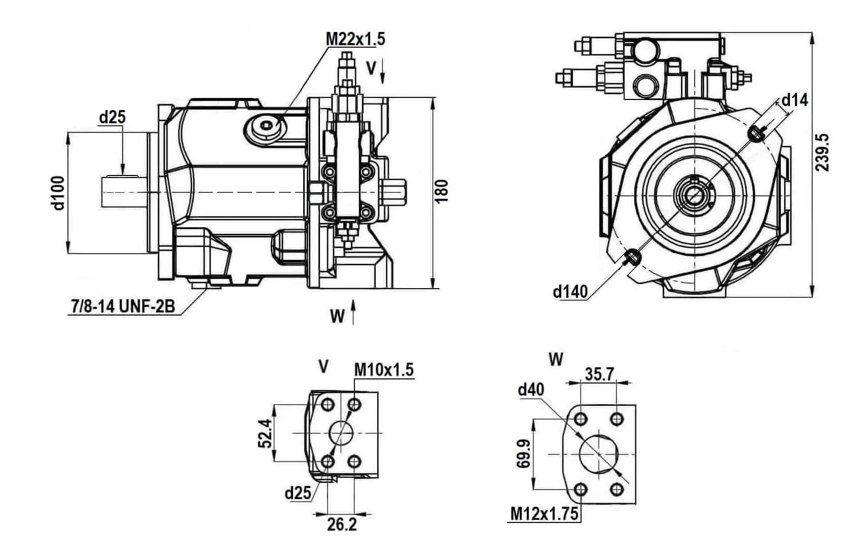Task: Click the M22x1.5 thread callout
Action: (355, 39)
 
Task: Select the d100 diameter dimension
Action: (59, 193)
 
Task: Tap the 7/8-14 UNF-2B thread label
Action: (122, 306)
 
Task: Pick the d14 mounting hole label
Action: (794, 100)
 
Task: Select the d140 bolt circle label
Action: (570, 291)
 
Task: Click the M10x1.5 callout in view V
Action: (384, 370)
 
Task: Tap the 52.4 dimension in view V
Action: (265, 433)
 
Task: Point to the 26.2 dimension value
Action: (342, 525)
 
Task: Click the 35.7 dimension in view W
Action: (599, 374)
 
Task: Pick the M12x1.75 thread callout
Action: (544, 514)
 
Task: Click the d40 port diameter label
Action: (531, 390)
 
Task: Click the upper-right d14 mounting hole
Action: (756, 133)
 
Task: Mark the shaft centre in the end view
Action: (694, 195)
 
